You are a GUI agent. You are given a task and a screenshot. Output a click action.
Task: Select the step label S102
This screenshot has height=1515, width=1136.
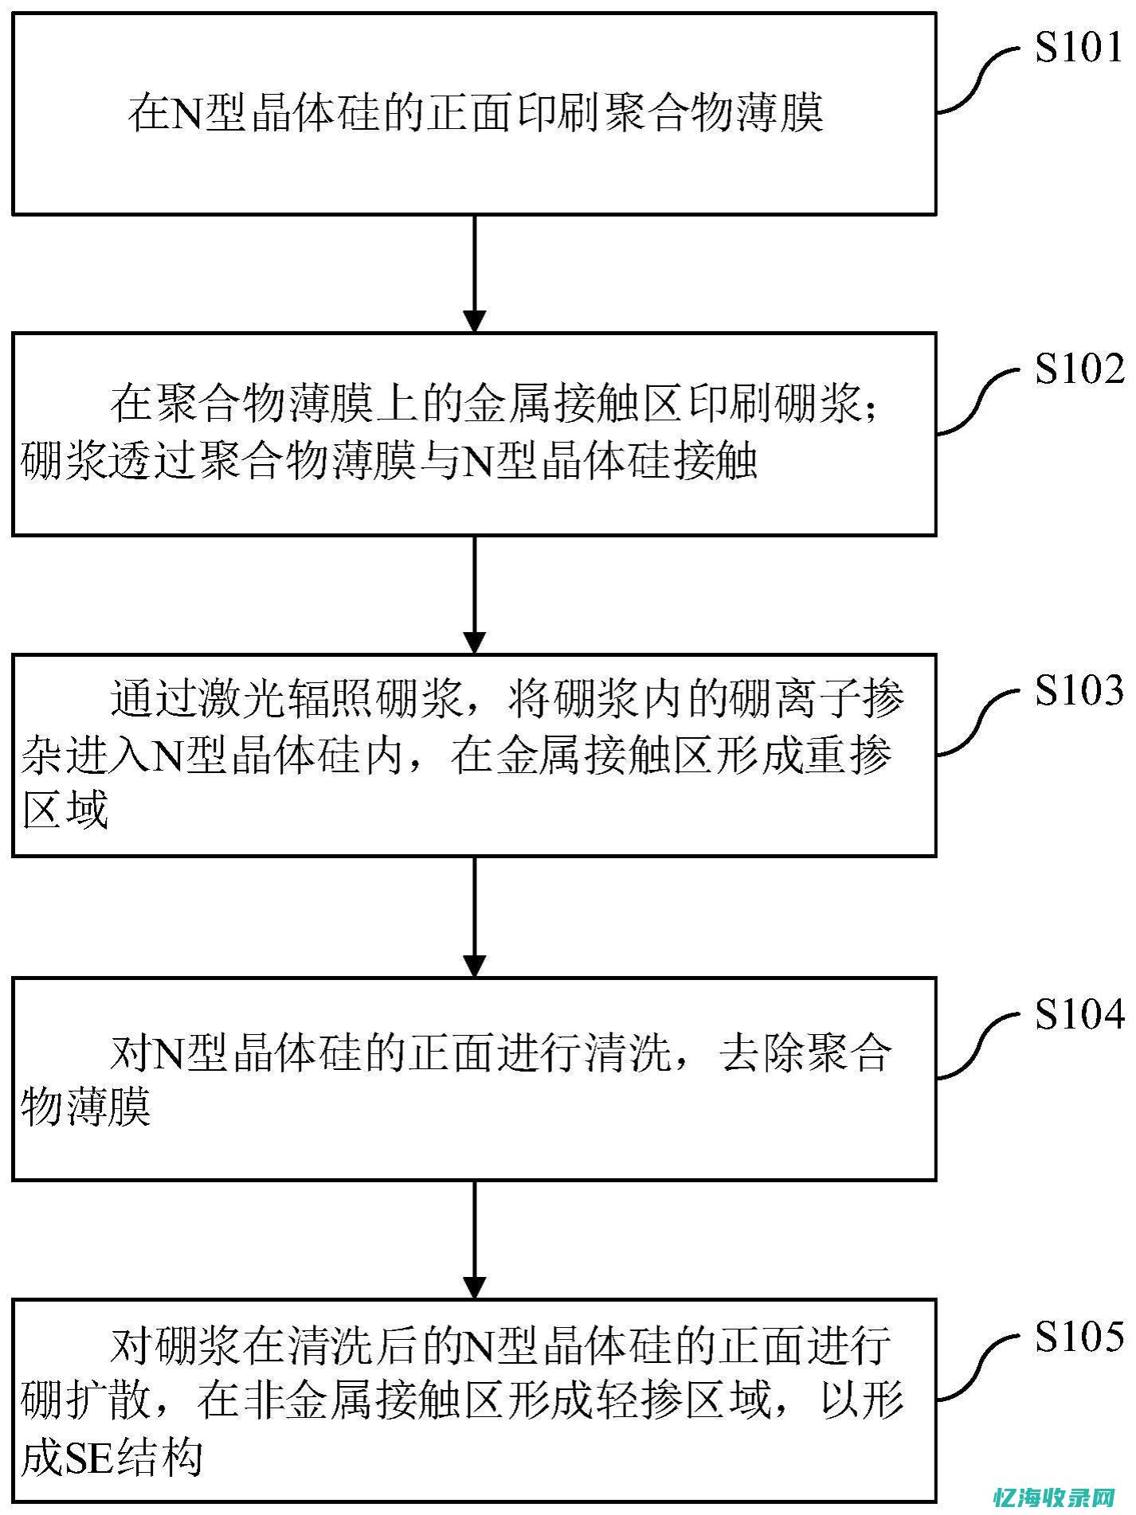[x=1077, y=369]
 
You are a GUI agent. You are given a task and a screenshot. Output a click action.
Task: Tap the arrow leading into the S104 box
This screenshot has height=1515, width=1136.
[x=475, y=916]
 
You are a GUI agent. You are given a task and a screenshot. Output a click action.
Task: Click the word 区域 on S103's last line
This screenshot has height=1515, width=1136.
[x=65, y=810]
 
